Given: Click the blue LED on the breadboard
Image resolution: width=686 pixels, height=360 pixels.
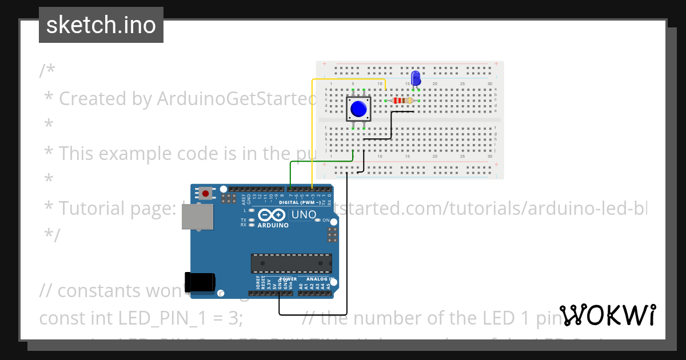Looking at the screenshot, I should click(x=416, y=77).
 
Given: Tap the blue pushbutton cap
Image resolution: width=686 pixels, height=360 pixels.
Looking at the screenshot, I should click(x=358, y=109).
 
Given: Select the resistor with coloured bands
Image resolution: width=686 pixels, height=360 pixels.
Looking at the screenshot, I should click(x=403, y=101).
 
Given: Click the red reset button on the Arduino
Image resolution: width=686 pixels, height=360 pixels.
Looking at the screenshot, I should click(x=205, y=193).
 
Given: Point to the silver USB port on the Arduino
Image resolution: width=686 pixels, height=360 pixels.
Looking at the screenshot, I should click(x=197, y=217).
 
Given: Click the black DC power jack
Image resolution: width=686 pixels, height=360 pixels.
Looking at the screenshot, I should click(x=200, y=281).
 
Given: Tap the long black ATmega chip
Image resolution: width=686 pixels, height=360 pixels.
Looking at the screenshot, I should click(x=291, y=263).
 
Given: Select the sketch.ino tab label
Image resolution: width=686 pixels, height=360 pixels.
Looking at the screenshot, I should click(x=101, y=25).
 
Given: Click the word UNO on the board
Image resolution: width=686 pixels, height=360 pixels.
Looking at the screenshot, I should click(x=304, y=215).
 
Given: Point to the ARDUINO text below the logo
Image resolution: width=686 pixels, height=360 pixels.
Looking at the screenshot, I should click(x=273, y=225).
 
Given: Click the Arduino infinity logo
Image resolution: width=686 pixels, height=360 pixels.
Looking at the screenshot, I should click(x=272, y=215).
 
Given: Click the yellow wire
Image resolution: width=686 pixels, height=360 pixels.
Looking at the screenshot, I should click(x=312, y=131).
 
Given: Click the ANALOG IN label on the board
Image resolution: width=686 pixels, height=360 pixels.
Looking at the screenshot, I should click(x=320, y=279).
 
